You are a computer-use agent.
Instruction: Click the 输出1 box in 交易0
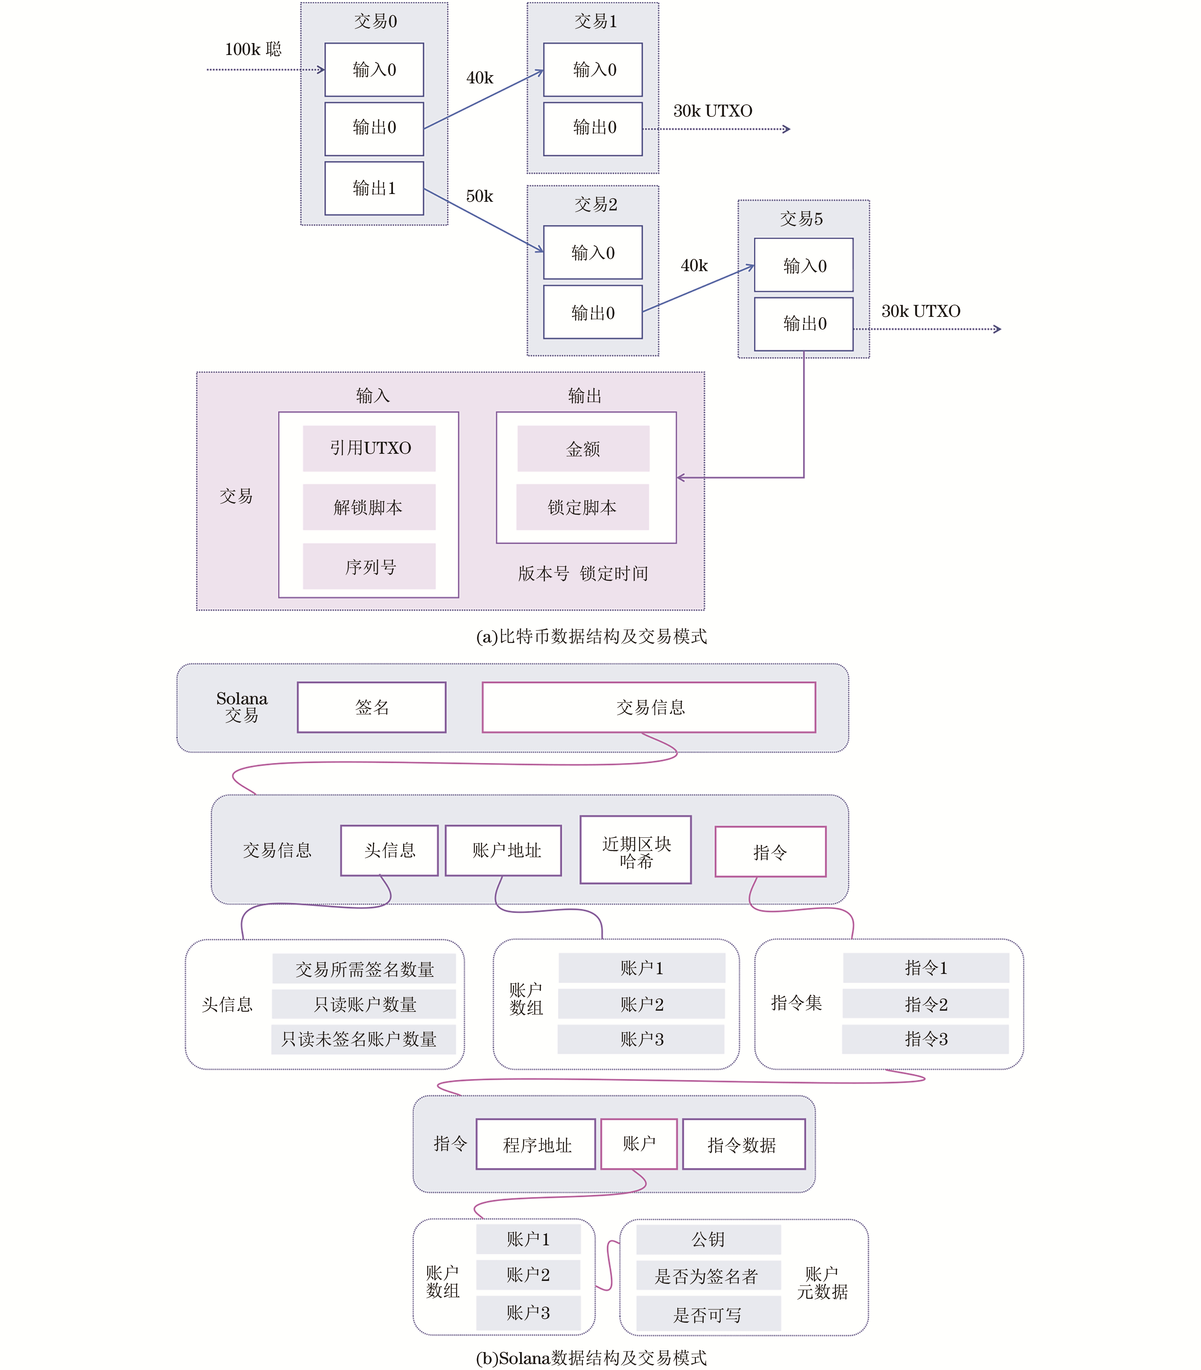pos(374,188)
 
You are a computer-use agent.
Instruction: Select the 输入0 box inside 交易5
pos(804,265)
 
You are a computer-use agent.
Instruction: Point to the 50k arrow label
pos(479,196)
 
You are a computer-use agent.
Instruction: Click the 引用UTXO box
pos(369,448)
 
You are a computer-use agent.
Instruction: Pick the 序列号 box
pos(369,567)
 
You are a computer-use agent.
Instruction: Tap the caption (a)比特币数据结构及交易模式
pos(591,636)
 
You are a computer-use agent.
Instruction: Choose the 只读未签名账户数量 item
pos(363,1039)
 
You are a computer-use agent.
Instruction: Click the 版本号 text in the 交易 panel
pos(543,573)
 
